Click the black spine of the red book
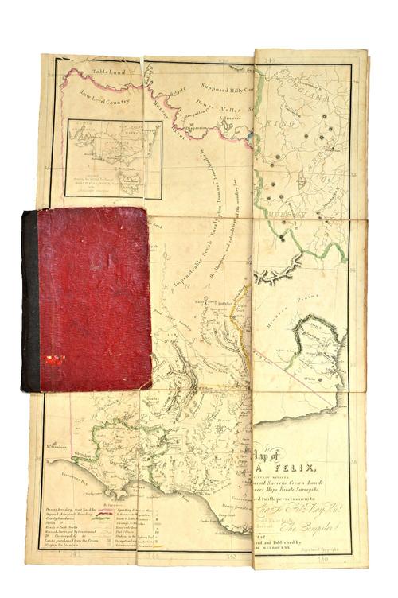[29, 301]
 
